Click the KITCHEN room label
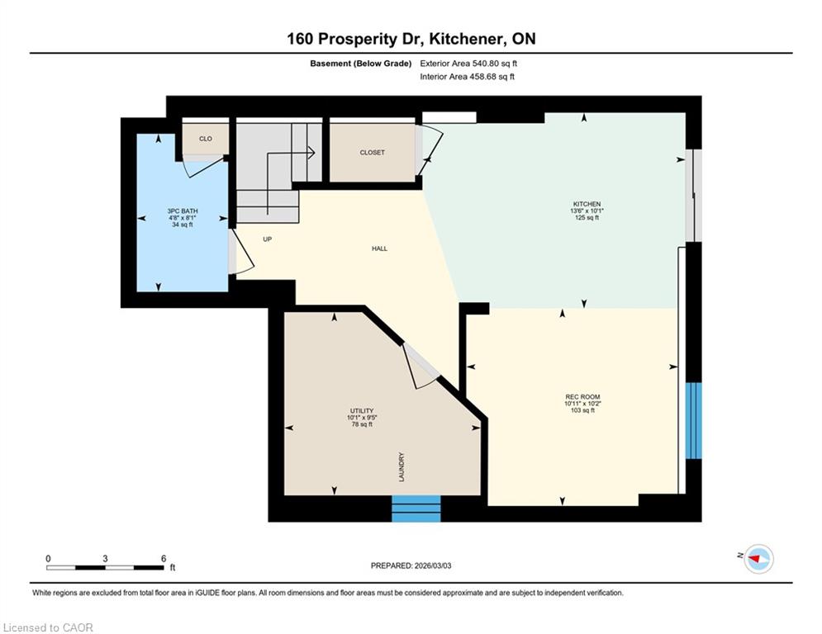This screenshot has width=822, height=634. (587, 204)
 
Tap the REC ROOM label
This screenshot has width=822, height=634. (582, 396)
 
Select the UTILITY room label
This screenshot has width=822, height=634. (362, 411)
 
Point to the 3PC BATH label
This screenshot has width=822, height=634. (183, 211)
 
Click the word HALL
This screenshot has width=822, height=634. (379, 248)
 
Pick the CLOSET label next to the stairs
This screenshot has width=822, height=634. (373, 153)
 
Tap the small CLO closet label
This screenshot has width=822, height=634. (206, 139)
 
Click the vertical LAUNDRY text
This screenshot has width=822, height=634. (401, 467)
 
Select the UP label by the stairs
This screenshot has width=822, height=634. (268, 239)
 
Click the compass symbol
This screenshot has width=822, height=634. (759, 559)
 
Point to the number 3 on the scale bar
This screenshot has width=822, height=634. (106, 559)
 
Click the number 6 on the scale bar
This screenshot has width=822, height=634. (164, 559)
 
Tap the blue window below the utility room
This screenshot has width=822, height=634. (416, 509)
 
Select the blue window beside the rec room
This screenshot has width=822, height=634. (694, 421)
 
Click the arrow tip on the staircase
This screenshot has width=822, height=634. (314, 153)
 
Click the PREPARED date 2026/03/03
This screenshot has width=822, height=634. (432, 565)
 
